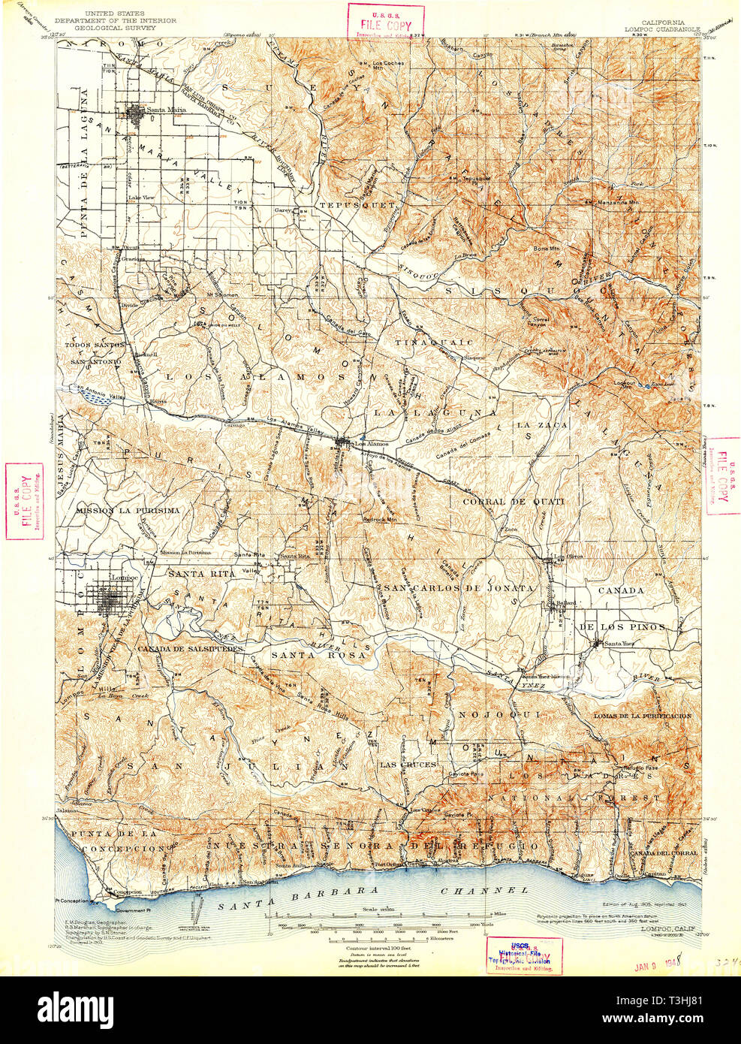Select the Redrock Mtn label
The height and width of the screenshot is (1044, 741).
(x=378, y=519)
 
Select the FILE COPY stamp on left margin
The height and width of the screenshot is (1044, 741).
(x=23, y=502)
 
